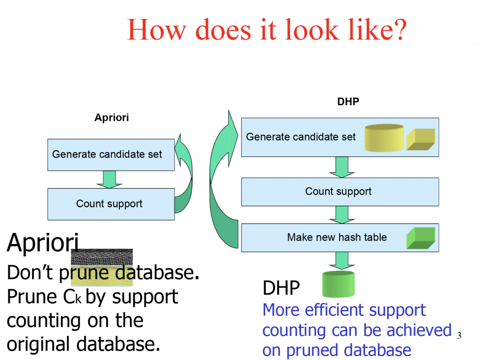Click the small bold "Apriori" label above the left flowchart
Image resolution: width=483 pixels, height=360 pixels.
[111, 118]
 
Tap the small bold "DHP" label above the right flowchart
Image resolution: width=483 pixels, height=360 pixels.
[348, 101]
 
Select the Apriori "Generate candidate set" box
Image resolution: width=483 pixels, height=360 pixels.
[111, 154]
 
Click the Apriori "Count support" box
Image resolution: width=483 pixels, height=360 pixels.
[111, 204]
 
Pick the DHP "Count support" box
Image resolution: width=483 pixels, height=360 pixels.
[340, 192]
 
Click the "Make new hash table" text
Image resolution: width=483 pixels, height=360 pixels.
[337, 237]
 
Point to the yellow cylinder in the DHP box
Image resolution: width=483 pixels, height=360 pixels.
[384, 138]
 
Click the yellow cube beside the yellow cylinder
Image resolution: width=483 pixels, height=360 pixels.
[421, 139]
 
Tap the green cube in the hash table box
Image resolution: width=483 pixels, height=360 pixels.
[420, 238]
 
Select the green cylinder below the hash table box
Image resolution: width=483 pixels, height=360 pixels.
[338, 284]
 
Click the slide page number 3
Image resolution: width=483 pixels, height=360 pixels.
[459, 335]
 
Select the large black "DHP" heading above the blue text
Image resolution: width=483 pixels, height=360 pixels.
[281, 287]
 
